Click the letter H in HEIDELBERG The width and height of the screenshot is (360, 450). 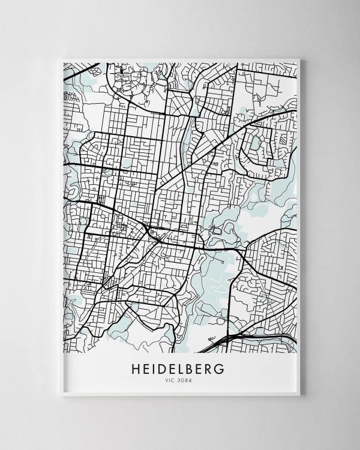click(136, 368)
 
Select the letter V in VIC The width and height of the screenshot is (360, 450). click(167, 380)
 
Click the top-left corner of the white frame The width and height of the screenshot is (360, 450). click(62, 59)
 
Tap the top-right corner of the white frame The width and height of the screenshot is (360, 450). click(299, 59)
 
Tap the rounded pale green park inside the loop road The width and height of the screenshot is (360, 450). click(256, 143)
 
